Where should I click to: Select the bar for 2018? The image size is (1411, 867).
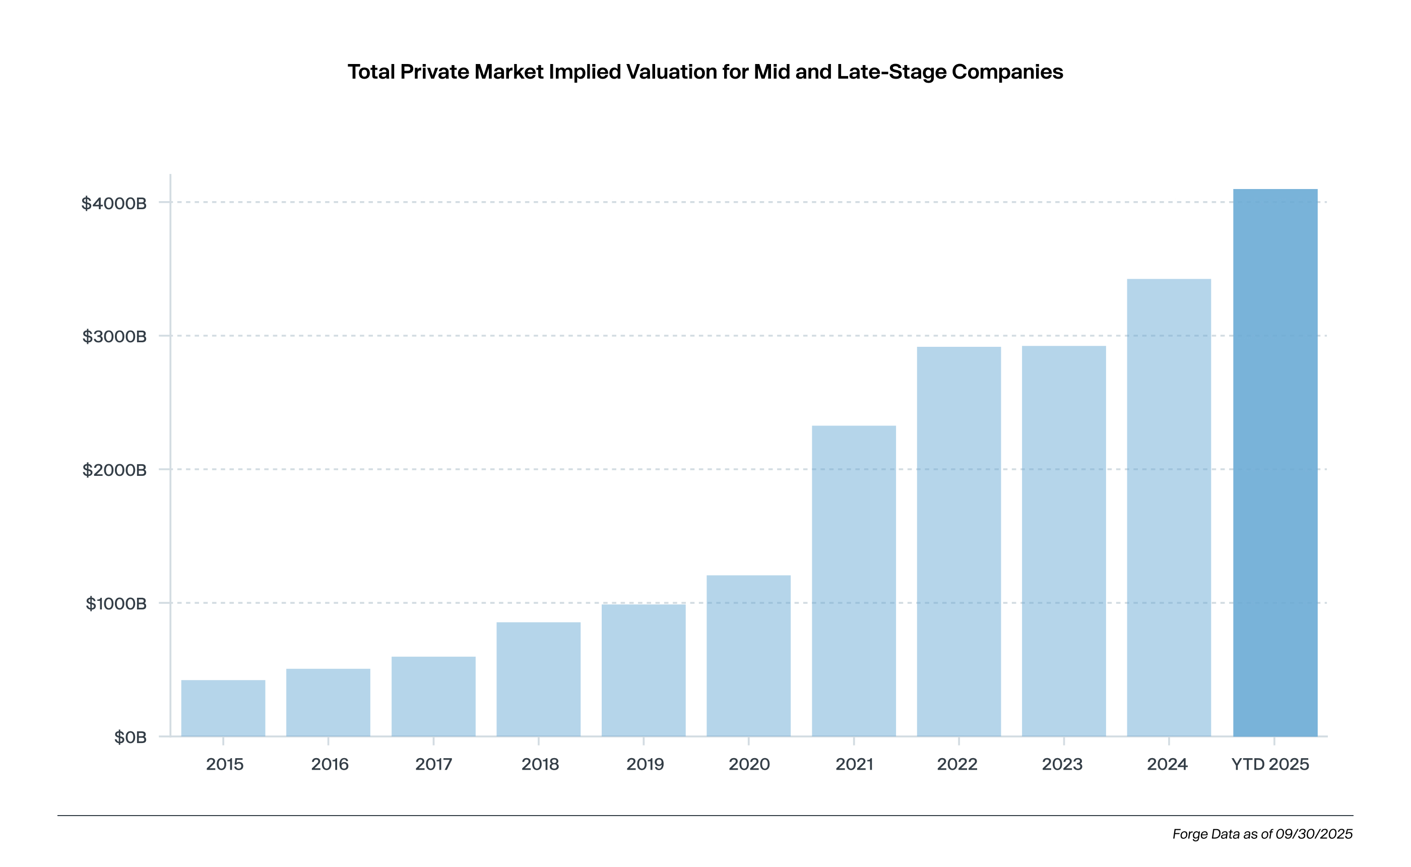coord(538,679)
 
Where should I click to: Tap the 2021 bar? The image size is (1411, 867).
coord(853,580)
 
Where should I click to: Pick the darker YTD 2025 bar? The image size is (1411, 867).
coord(1275,462)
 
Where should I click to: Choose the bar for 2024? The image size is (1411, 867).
coord(1169,507)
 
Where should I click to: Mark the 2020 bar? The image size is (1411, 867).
coord(748,655)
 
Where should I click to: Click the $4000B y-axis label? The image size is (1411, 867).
coord(114,203)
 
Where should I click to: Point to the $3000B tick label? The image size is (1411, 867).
coord(114,337)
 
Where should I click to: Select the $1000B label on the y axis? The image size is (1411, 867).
coord(116,603)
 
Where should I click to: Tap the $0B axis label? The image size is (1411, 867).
coord(130,737)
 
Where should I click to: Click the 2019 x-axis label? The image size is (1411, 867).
coord(645,764)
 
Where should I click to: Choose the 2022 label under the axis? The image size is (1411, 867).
coord(956,764)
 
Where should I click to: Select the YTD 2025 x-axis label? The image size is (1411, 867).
coord(1270,764)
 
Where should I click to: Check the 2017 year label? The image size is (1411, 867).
coord(433,764)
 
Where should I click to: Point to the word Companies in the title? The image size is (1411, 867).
coord(1007,72)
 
